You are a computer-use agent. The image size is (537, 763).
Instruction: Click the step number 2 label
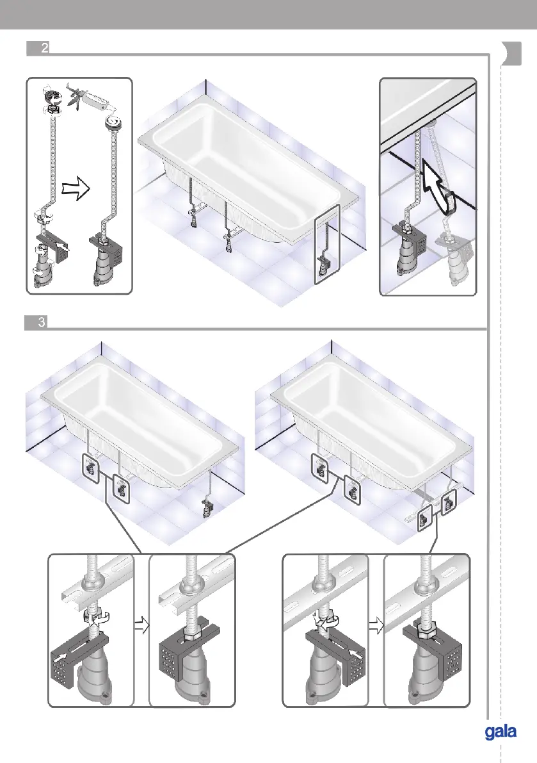45,48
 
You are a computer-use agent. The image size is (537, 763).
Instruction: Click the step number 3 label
42,322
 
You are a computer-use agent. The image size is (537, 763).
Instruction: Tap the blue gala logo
501,732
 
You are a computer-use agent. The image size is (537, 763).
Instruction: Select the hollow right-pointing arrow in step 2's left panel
76,189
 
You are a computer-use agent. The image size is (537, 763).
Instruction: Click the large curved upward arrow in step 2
438,187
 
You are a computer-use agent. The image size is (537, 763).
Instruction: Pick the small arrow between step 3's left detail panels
141,626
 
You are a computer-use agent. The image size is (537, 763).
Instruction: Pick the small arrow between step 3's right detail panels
376,625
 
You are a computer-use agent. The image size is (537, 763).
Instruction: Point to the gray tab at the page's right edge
511,54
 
